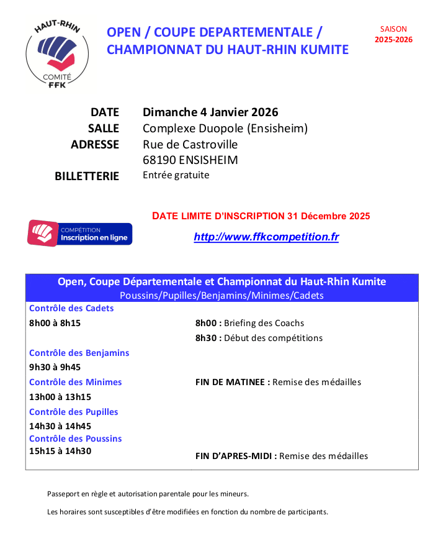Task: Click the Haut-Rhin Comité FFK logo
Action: click(x=58, y=53)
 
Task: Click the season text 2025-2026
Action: click(x=393, y=40)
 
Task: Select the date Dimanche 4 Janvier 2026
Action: click(x=210, y=112)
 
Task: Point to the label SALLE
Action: click(x=104, y=129)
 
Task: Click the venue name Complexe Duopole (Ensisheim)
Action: click(x=225, y=129)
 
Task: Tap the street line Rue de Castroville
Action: click(x=190, y=144)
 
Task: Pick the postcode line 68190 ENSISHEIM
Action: click(x=190, y=160)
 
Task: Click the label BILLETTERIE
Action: click(x=87, y=176)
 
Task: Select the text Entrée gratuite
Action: click(x=176, y=175)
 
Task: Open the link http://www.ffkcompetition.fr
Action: click(x=266, y=237)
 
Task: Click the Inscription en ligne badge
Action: click(x=79, y=234)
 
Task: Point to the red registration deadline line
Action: click(x=261, y=216)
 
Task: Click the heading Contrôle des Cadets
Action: click(x=71, y=308)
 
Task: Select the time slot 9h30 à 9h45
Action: click(x=55, y=367)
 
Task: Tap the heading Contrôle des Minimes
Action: click(x=75, y=382)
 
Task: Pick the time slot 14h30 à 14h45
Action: click(x=60, y=426)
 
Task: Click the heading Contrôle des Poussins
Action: click(x=75, y=439)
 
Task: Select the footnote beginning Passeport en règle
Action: click(x=148, y=494)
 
